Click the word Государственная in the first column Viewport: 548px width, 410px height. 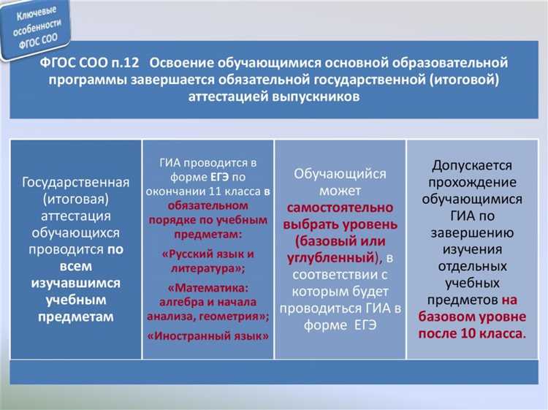click(76, 182)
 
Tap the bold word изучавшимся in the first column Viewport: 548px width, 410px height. click(76, 283)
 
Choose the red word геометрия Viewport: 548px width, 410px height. click(235, 316)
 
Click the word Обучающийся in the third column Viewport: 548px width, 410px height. click(340, 174)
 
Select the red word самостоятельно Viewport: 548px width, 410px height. click(340, 207)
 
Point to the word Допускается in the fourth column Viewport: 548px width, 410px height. click(471, 166)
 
